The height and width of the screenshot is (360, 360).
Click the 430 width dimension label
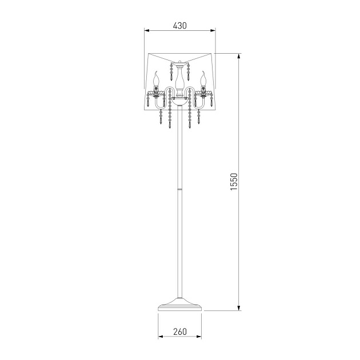coord(180,26)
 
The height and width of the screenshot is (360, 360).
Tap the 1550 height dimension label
coord(234,182)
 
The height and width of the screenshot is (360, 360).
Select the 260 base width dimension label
coord(180,331)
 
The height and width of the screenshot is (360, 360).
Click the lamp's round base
coord(180,305)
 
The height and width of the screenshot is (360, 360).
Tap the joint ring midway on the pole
coord(180,189)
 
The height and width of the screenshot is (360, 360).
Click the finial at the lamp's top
coord(180,62)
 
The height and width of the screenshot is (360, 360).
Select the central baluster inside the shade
coord(180,81)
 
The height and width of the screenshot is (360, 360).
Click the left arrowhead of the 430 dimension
coord(147,30)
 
